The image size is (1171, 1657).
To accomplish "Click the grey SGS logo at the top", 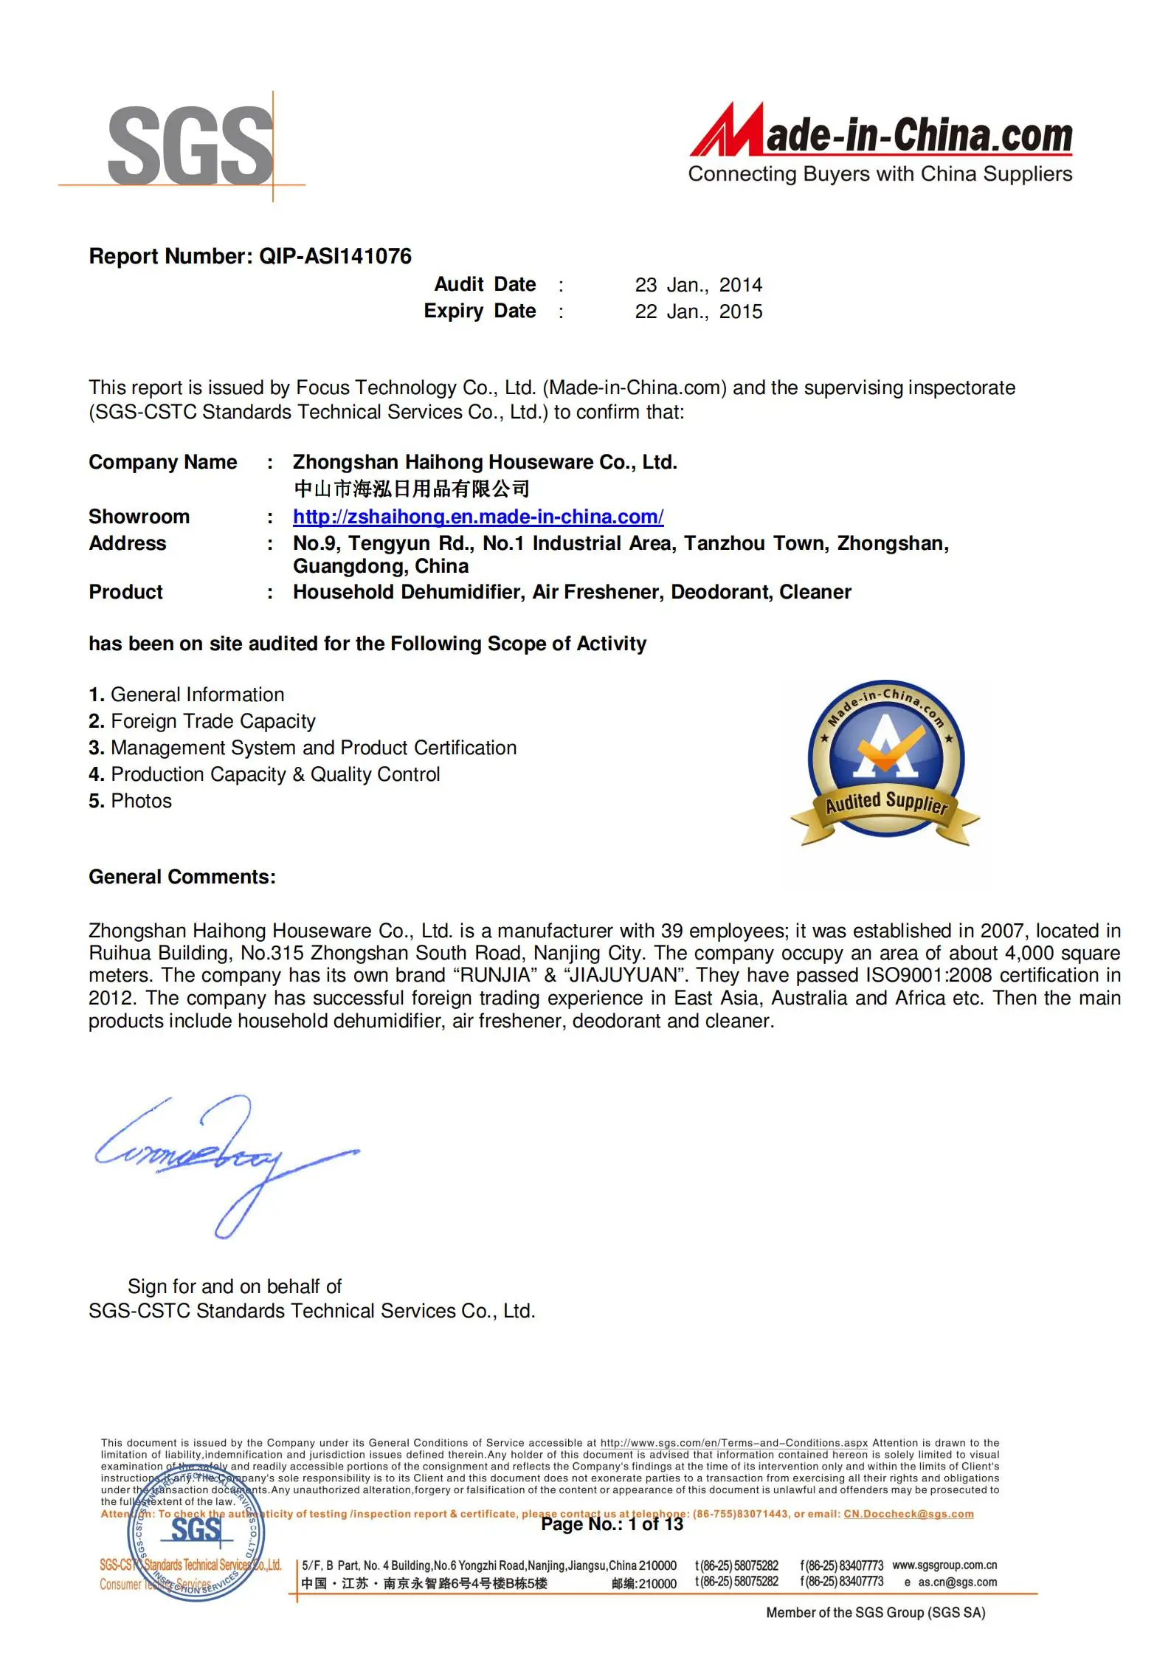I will [x=190, y=145].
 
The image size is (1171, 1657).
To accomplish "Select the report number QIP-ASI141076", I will [x=335, y=256].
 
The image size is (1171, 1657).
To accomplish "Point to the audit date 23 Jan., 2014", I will [x=698, y=285].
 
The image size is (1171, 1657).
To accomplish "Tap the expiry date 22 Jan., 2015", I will [x=698, y=311].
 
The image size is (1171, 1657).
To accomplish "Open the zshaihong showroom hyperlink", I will [x=477, y=517].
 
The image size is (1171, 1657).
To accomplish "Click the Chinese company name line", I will [x=411, y=489].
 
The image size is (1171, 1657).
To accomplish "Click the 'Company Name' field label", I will [x=163, y=462].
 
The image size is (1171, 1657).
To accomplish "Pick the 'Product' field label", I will [x=125, y=592].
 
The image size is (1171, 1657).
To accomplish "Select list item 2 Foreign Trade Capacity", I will [x=202, y=721].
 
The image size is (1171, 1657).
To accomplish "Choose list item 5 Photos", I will [x=130, y=801].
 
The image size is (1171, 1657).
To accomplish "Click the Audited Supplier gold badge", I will [x=885, y=762].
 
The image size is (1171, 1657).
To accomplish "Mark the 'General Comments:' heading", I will [x=182, y=877].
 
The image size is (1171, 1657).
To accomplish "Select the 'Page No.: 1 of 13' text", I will [x=612, y=1524].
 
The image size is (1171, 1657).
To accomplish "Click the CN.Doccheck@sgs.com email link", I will [x=908, y=1514].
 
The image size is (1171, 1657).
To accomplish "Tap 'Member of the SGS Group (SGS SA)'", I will [x=875, y=1613].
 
